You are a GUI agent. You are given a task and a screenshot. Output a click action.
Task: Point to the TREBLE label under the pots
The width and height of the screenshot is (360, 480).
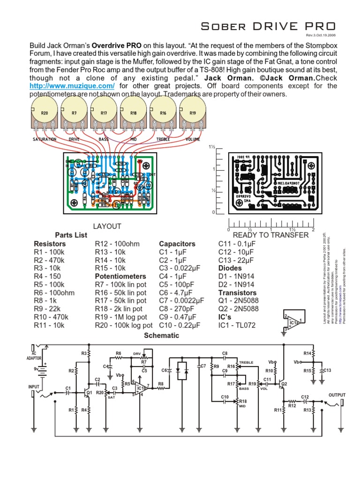pos(163,140)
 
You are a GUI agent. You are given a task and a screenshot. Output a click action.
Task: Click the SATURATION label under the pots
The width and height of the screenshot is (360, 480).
pos(45,140)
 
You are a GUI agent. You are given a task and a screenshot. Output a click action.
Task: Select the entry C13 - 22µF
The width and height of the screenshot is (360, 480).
pos(236,260)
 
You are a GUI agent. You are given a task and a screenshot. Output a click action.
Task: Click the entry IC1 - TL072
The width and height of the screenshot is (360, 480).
pos(237,325)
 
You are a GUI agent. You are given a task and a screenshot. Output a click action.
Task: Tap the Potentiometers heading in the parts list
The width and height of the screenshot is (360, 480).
pos(120,276)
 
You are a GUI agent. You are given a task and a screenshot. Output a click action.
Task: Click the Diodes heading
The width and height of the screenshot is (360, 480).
pos(230,268)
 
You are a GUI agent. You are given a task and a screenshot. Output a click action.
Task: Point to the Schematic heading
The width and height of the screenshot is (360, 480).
pos(161,336)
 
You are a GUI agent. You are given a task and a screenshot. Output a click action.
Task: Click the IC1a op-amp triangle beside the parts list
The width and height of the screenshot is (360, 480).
pos(294,322)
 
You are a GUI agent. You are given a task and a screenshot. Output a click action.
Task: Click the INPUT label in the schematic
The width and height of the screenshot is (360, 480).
pos(34,387)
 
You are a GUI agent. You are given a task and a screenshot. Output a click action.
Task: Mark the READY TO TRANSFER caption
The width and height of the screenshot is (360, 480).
pos(270,235)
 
